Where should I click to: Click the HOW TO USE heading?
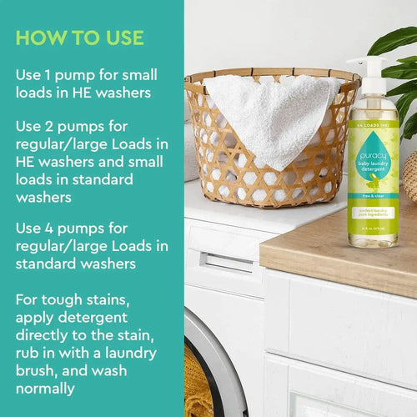(79, 38)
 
